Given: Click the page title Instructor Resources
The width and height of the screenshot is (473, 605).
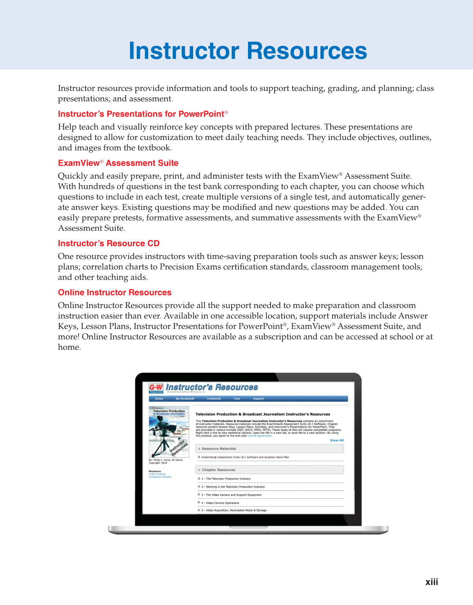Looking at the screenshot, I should click(248, 51).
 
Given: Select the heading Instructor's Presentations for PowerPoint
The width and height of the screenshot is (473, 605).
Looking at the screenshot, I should click(141, 114).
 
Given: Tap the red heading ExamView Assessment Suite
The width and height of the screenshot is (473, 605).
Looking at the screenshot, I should click(118, 163).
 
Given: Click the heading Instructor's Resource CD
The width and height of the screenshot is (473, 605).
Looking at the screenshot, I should click(108, 243).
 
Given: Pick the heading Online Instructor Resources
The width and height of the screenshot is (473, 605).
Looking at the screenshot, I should click(115, 292).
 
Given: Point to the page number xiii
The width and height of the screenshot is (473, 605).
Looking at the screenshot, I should click(431, 582).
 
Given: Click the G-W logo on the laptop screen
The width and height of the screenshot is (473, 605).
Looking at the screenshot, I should click(156, 388).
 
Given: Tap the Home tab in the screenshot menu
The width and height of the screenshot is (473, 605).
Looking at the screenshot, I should click(159, 398).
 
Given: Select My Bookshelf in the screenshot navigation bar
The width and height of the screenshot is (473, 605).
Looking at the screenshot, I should click(185, 398).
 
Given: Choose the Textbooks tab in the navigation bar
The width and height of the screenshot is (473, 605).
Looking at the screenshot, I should click(214, 398).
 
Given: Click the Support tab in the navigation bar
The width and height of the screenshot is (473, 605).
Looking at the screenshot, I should click(258, 398).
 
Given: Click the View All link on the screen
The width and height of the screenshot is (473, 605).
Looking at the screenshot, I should click(337, 440).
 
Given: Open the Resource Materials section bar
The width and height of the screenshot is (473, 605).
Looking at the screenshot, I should click(270, 449).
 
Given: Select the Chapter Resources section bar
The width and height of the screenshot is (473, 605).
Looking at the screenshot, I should click(270, 470).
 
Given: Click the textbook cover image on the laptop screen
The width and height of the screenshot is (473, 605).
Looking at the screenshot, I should click(169, 432).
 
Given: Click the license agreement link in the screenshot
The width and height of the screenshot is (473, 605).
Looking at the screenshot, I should click(259, 436).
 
